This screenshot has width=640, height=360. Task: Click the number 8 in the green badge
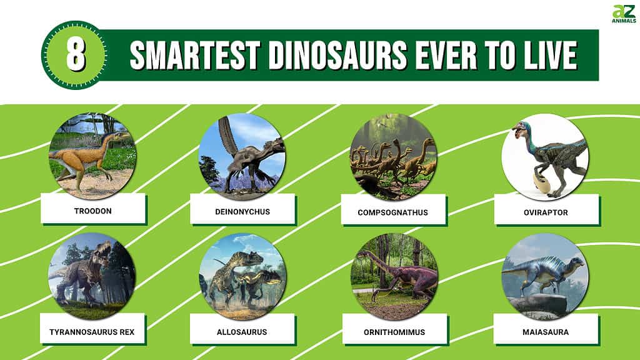click(x=76, y=55)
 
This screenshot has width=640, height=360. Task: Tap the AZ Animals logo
click(x=624, y=14)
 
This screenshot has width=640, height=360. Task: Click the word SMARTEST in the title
click(x=195, y=55)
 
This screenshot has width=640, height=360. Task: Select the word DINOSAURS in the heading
click(x=337, y=55)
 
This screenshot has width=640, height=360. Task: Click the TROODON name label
click(x=93, y=211)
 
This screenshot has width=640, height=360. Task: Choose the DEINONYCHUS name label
click(x=242, y=211)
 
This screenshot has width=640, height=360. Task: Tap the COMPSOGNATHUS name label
click(x=392, y=212)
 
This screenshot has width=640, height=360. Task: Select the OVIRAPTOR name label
click(x=546, y=212)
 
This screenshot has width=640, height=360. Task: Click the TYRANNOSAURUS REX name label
click(x=92, y=332)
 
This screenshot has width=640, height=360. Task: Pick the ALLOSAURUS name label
click(x=242, y=332)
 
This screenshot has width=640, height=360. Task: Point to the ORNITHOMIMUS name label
click(x=394, y=332)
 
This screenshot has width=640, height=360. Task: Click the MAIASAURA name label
click(x=546, y=332)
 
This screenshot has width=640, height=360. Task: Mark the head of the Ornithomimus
click(x=362, y=254)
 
